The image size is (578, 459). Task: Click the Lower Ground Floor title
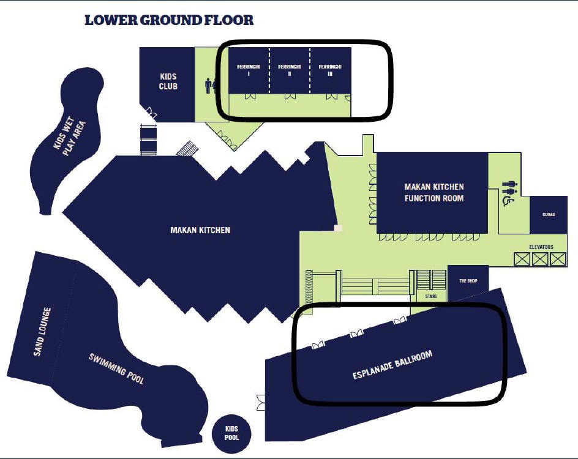tap(169, 20)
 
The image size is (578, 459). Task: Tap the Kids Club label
tap(168, 81)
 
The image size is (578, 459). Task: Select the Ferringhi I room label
tap(249, 70)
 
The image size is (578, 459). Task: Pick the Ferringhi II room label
tap(290, 70)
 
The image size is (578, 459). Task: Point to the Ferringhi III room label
tap(330, 70)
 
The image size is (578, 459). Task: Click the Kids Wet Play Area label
tap(70, 136)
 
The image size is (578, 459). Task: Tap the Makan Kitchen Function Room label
tap(434, 192)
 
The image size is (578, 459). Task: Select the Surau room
tap(549, 215)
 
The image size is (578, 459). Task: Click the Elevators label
tap(541, 247)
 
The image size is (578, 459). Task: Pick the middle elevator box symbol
tap(540, 259)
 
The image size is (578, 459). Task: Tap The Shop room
tap(468, 282)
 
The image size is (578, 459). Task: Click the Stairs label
tap(431, 296)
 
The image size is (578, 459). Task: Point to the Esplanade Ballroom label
tap(392, 365)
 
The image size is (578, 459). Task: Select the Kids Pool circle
tap(231, 433)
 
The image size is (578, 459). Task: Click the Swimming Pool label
tap(116, 369)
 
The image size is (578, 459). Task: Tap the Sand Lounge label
tap(42, 332)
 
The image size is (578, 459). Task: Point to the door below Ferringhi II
tap(290, 97)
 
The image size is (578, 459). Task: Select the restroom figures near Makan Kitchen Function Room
tap(511, 187)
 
